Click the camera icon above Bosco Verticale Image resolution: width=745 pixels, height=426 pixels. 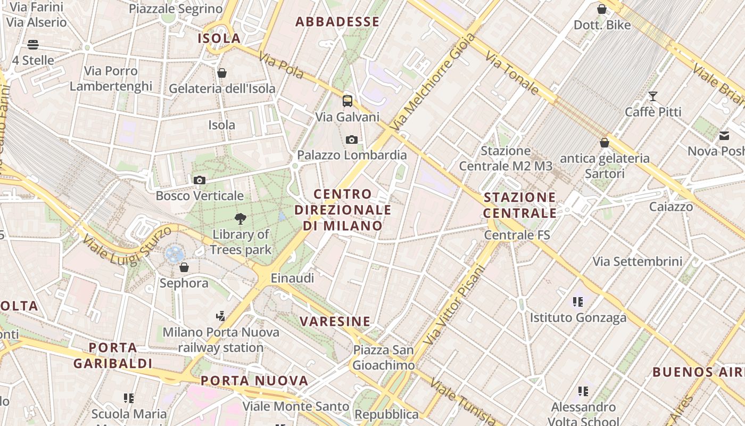[200, 180]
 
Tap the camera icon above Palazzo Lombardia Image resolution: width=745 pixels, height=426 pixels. [351, 140]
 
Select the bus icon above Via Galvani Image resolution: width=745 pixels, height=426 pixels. [347, 101]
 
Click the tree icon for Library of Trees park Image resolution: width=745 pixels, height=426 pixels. [241, 218]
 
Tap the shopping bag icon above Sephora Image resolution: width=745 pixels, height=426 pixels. [184, 267]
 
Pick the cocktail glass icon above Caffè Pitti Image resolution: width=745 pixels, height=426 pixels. [652, 96]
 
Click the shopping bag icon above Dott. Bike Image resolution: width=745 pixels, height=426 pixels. [602, 9]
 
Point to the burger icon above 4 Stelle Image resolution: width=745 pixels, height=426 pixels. [33, 44]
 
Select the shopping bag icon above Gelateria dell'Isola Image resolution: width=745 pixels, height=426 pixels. [222, 72]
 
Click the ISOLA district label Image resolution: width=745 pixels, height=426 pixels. [219, 38]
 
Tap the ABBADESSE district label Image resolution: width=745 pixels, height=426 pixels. [337, 22]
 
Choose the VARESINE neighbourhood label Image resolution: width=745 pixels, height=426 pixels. [335, 321]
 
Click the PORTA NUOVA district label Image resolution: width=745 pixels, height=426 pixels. [254, 381]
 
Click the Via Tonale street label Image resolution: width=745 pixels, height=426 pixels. [512, 73]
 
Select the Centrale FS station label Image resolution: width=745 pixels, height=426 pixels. [517, 234]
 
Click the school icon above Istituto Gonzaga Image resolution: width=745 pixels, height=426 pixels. [578, 302]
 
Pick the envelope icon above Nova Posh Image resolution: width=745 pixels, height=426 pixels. [724, 136]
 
